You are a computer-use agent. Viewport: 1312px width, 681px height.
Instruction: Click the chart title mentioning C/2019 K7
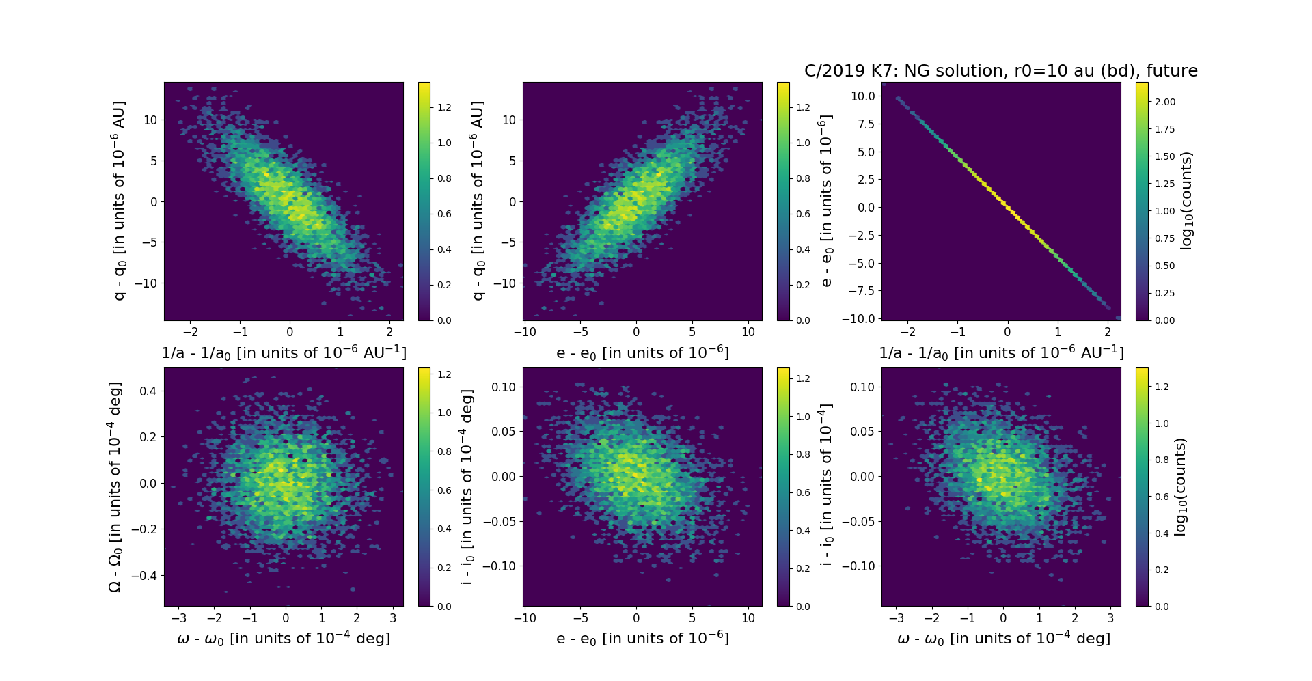tap(1000, 71)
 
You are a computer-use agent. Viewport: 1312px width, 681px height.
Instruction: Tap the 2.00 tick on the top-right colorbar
tap(1164, 102)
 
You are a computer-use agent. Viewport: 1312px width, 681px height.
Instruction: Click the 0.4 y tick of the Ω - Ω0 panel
tap(147, 391)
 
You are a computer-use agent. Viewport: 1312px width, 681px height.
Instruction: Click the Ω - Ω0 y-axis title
tap(115, 486)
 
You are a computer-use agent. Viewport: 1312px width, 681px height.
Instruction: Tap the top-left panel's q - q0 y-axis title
tap(119, 201)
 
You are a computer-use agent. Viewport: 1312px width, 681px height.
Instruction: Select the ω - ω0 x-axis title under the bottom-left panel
tap(284, 639)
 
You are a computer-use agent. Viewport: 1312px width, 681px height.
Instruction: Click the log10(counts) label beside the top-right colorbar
tap(1186, 201)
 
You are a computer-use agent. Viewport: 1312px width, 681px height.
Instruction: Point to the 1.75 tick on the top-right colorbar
tap(1164, 129)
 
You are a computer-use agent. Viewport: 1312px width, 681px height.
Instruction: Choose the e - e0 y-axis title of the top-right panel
tap(827, 201)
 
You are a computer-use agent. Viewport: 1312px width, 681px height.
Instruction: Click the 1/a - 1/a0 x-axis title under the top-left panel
tap(284, 353)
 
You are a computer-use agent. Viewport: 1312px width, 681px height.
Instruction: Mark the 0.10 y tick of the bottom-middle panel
tap(504, 387)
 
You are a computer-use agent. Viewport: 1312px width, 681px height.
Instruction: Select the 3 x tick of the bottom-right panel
tap(1110, 618)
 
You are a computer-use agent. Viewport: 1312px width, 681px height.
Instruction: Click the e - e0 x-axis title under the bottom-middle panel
tap(642, 639)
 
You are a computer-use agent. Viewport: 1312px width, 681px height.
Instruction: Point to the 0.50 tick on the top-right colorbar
tap(1164, 266)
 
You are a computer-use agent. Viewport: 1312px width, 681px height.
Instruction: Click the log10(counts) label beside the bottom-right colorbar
tap(1180, 486)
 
